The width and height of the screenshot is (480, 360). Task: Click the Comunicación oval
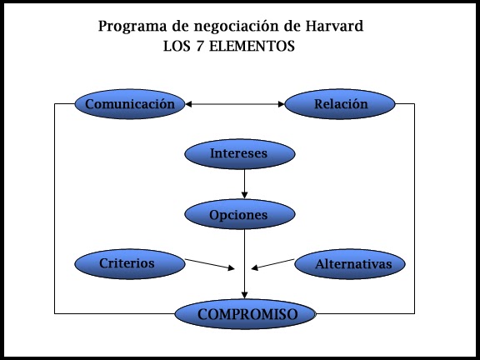pos(130,104)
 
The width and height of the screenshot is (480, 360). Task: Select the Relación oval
pos(340,104)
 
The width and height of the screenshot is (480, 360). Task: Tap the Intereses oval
pos(240,154)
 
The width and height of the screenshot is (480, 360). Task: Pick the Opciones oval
pos(240,214)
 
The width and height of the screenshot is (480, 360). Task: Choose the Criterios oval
pos(130,264)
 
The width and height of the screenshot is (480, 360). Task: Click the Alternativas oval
pos(350,264)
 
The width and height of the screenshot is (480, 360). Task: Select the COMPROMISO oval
pos(245,314)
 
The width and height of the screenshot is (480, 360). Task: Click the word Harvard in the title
pos(334,26)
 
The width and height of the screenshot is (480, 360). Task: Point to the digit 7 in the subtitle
pos(200,46)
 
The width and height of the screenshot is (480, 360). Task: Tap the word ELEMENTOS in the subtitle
pos(252,46)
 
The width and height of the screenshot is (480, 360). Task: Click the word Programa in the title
pos(132,27)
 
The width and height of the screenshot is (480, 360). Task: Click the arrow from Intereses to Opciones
pos(244,184)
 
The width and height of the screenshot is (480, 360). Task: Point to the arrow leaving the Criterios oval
pos(210,264)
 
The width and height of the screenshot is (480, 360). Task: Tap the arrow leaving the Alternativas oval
pos(272,264)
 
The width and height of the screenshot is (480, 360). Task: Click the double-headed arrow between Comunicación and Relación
pos(235,104)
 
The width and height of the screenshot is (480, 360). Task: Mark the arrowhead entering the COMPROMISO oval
pos(244,295)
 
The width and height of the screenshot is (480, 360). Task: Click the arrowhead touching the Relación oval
pos(282,104)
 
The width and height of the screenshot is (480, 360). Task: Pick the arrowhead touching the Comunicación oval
pos(189,104)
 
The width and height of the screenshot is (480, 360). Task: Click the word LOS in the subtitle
pos(177,46)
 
